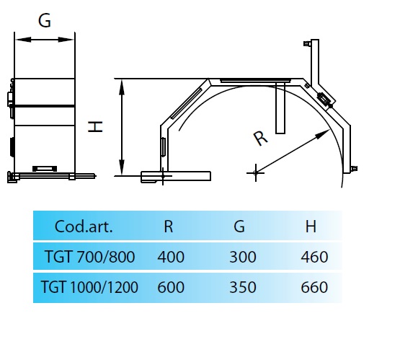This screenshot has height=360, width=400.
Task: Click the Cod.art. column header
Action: click(84, 227)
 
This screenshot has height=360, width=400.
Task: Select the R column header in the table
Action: click(169, 227)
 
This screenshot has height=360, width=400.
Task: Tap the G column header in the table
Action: click(239, 227)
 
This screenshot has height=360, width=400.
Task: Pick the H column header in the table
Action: click(311, 227)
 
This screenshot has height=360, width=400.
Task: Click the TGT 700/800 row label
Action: click(89, 257)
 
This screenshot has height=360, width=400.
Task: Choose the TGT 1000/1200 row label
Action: click(89, 287)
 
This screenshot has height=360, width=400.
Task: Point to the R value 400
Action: click(171, 257)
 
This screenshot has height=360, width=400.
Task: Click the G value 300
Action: click(243, 257)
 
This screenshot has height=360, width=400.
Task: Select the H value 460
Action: click(314, 257)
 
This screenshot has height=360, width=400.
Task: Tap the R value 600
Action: click(171, 287)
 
